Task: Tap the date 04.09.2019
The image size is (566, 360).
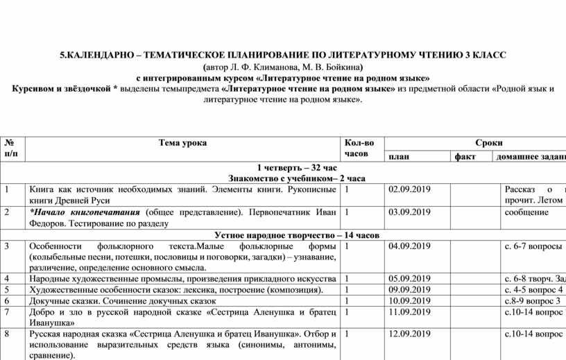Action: click(x=410, y=246)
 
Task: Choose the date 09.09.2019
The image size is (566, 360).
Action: click(x=410, y=290)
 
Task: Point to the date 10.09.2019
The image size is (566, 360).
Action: click(x=410, y=301)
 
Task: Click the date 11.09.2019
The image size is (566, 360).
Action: click(x=410, y=312)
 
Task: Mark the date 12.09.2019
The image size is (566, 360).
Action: click(x=410, y=334)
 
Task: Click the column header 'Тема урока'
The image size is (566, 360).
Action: click(x=182, y=143)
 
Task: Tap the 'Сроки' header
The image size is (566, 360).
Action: click(x=489, y=142)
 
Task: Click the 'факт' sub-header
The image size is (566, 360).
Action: click(x=465, y=157)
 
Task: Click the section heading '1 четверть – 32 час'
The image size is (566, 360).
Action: click(x=296, y=168)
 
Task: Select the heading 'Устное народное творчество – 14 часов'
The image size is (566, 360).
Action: click(x=297, y=235)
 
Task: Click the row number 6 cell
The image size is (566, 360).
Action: click(x=6, y=301)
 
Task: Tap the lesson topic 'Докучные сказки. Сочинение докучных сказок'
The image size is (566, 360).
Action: click(x=122, y=301)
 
